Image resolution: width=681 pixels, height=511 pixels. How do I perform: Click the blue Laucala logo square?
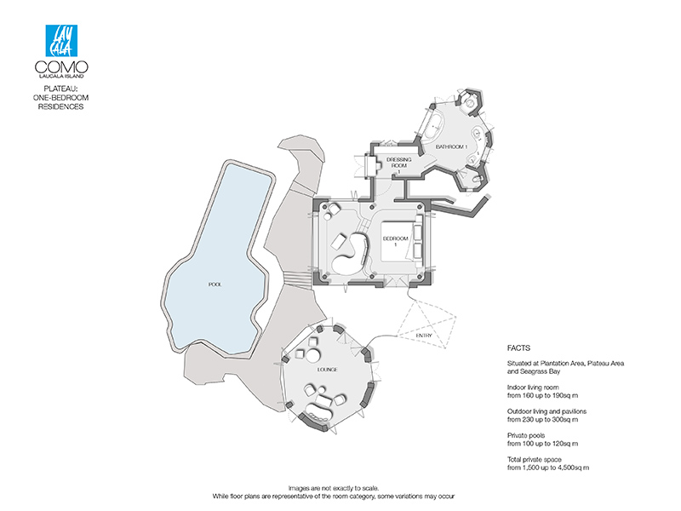click(61, 40)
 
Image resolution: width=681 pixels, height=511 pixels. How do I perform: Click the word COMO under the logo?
click(61, 67)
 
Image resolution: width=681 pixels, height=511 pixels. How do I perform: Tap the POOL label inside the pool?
click(215, 284)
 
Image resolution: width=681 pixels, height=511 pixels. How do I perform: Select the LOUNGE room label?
click(327, 370)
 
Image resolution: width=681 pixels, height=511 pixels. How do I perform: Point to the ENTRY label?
click(424, 336)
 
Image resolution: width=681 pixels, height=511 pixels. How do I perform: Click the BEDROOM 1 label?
click(395, 241)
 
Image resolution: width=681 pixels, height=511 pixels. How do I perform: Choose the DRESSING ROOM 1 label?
click(398, 165)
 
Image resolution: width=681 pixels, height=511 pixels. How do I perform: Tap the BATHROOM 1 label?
click(452, 146)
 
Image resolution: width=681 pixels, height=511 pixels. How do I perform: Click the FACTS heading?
click(518, 348)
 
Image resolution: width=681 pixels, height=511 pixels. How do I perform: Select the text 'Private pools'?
click(526, 435)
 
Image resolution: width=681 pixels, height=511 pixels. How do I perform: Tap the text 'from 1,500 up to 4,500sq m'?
click(548, 468)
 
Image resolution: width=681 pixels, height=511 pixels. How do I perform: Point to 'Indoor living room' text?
click(533, 388)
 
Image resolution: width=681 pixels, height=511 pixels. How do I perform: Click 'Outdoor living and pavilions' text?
click(547, 411)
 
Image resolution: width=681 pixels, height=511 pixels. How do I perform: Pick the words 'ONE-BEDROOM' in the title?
click(60, 98)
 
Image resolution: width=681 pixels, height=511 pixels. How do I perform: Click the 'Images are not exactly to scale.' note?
click(334, 488)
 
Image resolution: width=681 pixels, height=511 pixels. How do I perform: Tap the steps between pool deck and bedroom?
click(297, 278)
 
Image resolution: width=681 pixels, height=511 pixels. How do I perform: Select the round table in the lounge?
click(312, 356)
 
